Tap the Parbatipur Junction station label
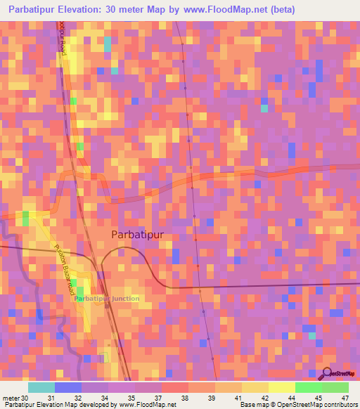pos(107,299)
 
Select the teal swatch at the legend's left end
pos(41,387)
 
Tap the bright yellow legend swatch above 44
pos(281,387)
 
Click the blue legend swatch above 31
pos(68,387)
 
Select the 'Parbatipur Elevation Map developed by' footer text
pos(60,405)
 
